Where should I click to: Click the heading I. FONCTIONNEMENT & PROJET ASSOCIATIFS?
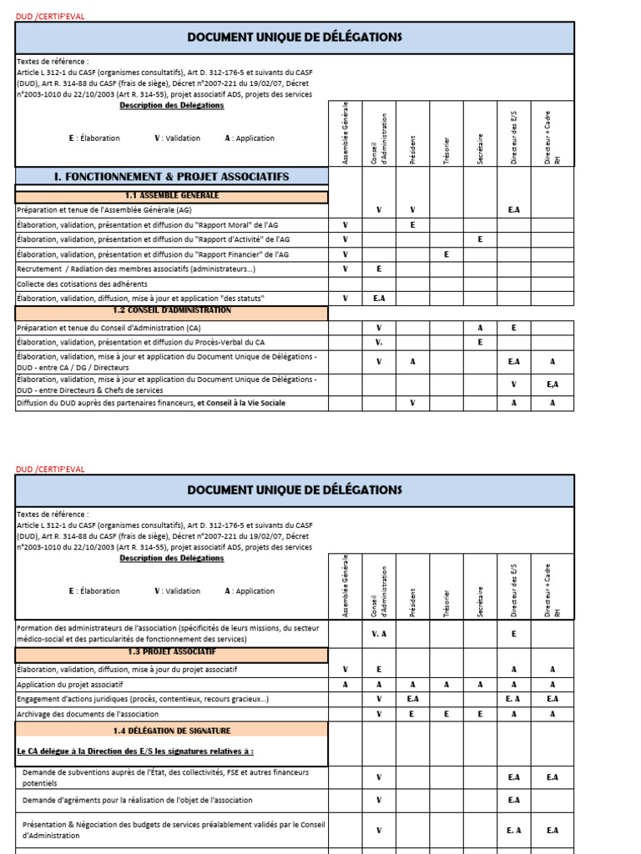point(171,177)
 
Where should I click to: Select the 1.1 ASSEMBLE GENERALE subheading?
point(171,196)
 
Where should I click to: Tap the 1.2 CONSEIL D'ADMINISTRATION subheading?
point(171,310)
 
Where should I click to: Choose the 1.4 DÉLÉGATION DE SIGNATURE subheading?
point(171,731)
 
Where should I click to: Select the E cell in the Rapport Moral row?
point(412,225)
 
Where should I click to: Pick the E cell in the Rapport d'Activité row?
point(480,239)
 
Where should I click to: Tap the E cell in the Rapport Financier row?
point(447,254)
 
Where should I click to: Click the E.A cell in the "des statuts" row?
point(379,298)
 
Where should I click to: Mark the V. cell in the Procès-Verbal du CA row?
point(379,342)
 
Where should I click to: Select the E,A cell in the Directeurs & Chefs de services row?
point(552,384)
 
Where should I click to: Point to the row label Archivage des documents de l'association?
point(88,714)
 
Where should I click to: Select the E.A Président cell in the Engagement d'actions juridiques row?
point(412,699)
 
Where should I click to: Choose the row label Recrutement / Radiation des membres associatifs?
point(136,269)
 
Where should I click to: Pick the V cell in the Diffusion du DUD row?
point(412,404)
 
